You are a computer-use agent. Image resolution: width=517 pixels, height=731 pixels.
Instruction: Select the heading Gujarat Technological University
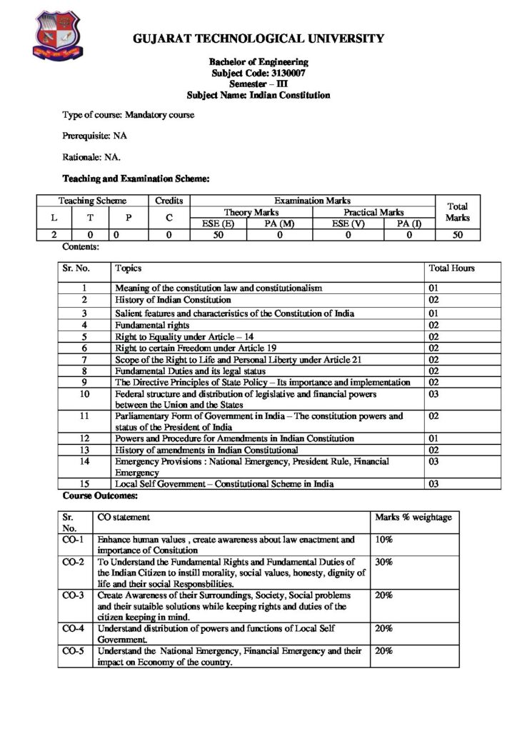point(258,39)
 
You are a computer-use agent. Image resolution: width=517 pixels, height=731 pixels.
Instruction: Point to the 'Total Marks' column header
point(457,211)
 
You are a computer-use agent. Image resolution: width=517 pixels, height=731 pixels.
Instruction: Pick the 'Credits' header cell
point(169,201)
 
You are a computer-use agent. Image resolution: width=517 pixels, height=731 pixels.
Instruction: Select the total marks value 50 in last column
point(457,234)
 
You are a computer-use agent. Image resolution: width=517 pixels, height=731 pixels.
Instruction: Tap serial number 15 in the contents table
point(84,484)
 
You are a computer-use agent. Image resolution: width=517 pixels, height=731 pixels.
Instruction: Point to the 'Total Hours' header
point(451,268)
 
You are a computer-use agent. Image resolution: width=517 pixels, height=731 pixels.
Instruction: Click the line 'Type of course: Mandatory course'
point(129,114)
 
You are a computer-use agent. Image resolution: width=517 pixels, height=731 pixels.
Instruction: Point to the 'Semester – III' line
point(258,84)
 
